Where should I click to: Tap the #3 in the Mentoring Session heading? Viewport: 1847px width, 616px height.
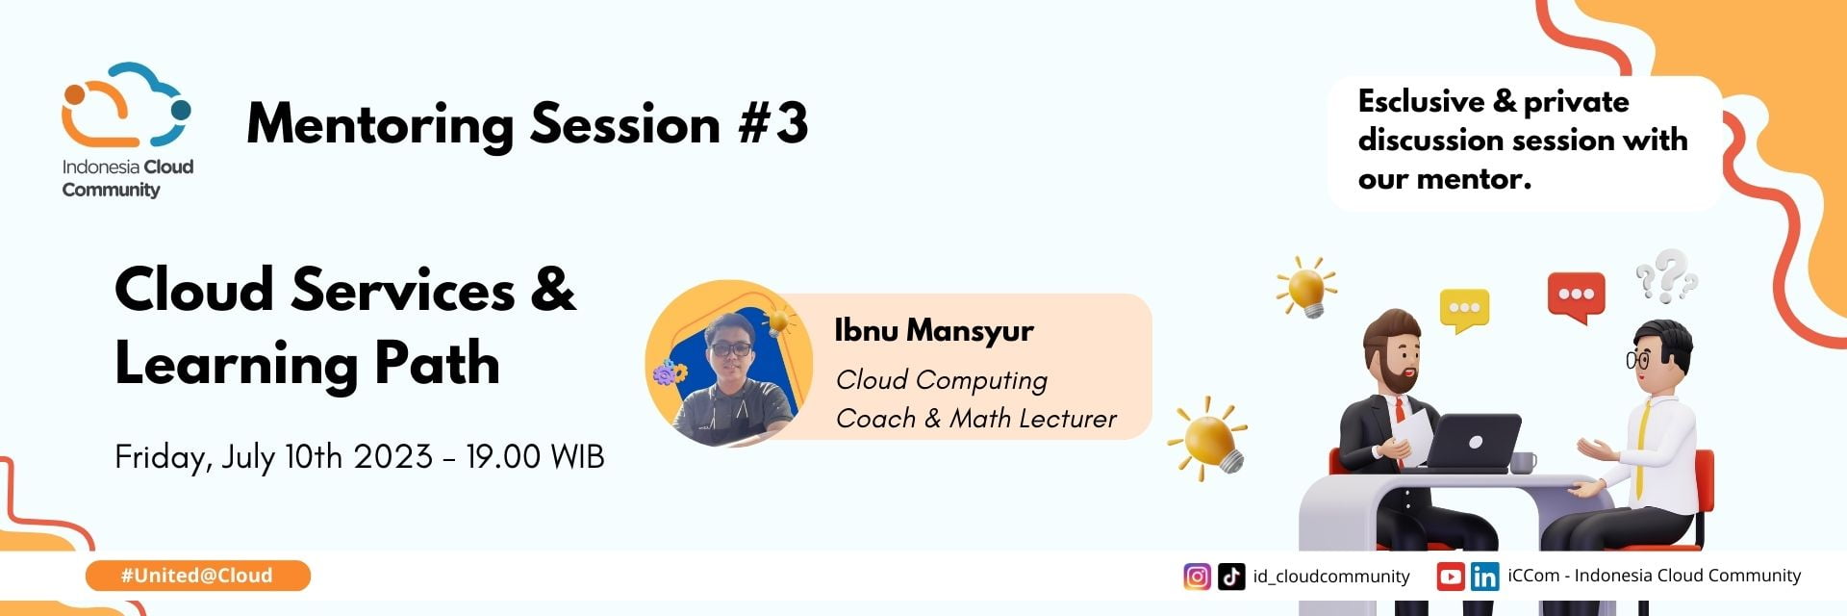773,124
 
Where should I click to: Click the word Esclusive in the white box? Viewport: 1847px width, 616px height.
1421,101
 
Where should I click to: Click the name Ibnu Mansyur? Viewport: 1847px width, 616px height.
934,330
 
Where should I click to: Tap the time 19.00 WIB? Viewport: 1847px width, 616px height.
535,456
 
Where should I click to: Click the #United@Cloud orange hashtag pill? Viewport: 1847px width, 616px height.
197,576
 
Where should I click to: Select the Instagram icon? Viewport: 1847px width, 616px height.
1197,577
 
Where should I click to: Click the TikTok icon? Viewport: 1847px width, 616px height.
1231,577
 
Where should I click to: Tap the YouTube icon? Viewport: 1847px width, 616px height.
1451,577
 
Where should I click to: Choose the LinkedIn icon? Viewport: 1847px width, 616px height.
1484,577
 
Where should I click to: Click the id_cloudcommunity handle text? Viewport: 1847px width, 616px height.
1331,577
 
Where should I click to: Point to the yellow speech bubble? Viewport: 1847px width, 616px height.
1464,310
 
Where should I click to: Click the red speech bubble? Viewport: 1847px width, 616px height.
1576,296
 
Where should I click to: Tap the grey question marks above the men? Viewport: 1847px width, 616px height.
1666,275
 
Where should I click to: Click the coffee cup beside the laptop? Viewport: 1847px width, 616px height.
1523,463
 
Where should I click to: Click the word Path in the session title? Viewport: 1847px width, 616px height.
437,363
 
